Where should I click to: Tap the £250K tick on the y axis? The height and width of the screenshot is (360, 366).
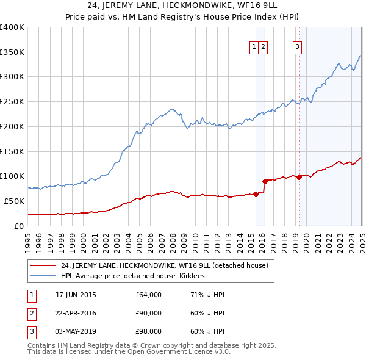(x=12, y=101)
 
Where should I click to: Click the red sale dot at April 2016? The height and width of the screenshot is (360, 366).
(x=265, y=181)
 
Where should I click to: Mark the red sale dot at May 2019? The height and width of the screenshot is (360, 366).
(x=299, y=177)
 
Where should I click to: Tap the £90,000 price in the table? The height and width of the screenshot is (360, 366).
(x=148, y=313)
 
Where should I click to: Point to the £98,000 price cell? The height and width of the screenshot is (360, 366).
(x=148, y=331)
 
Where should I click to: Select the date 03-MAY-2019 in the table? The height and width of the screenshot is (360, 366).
(x=76, y=331)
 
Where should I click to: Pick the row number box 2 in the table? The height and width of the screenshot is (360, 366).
(x=30, y=313)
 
